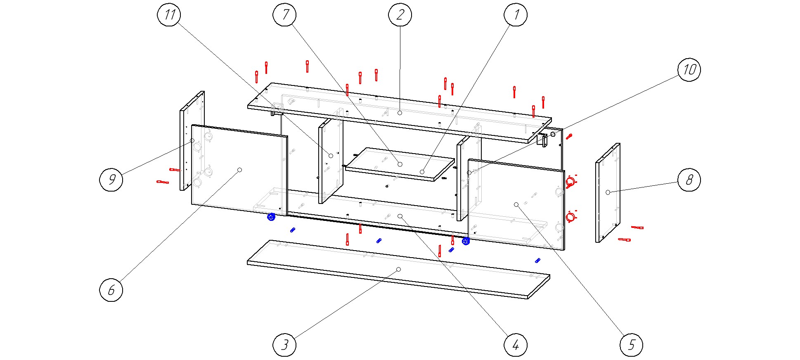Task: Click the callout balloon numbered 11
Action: pos(169,15)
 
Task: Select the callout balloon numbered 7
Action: pos(284,15)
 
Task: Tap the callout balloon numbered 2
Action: pos(400,15)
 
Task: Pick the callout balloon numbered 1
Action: pos(516,15)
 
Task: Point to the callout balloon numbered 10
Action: pos(689,69)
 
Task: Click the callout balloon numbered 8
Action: pos(689,180)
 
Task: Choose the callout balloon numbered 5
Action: pos(631,345)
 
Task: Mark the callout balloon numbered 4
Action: pos(516,345)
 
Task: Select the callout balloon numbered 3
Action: pos(284,345)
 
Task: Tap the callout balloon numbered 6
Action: pos(111,290)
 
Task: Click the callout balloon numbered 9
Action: pos(111,180)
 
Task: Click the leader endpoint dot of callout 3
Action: pos(398,269)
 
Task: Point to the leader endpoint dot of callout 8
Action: pos(608,192)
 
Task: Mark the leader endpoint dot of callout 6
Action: pos(239,170)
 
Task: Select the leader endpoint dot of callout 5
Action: pos(516,204)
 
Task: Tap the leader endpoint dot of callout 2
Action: pos(400,113)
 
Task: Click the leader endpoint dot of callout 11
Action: pos(331,156)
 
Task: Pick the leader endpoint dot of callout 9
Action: pos(192,141)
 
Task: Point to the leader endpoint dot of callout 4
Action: pos(400,216)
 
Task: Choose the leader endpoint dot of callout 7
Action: pos(400,164)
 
